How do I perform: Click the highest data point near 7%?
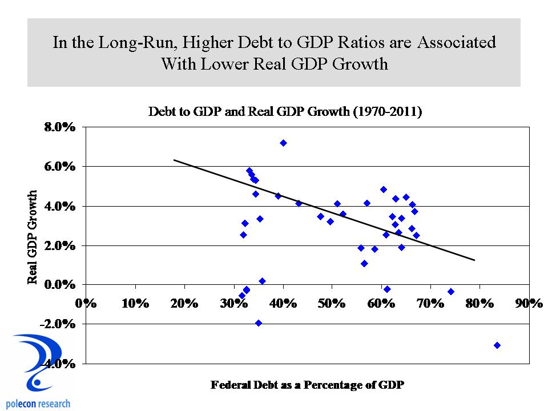[x=283, y=143]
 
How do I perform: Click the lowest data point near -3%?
[x=497, y=345]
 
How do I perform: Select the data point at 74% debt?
[x=451, y=292]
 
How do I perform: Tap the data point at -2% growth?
[x=259, y=323]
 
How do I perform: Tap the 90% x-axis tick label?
[x=529, y=303]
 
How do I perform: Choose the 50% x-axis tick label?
[x=332, y=303]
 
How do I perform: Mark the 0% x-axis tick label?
[x=87, y=303]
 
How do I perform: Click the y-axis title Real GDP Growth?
[x=33, y=237]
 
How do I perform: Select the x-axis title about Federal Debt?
[x=307, y=385]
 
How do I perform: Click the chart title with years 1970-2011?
[x=285, y=112]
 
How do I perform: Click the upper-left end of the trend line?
[x=174, y=160]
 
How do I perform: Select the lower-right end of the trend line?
[x=474, y=260]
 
